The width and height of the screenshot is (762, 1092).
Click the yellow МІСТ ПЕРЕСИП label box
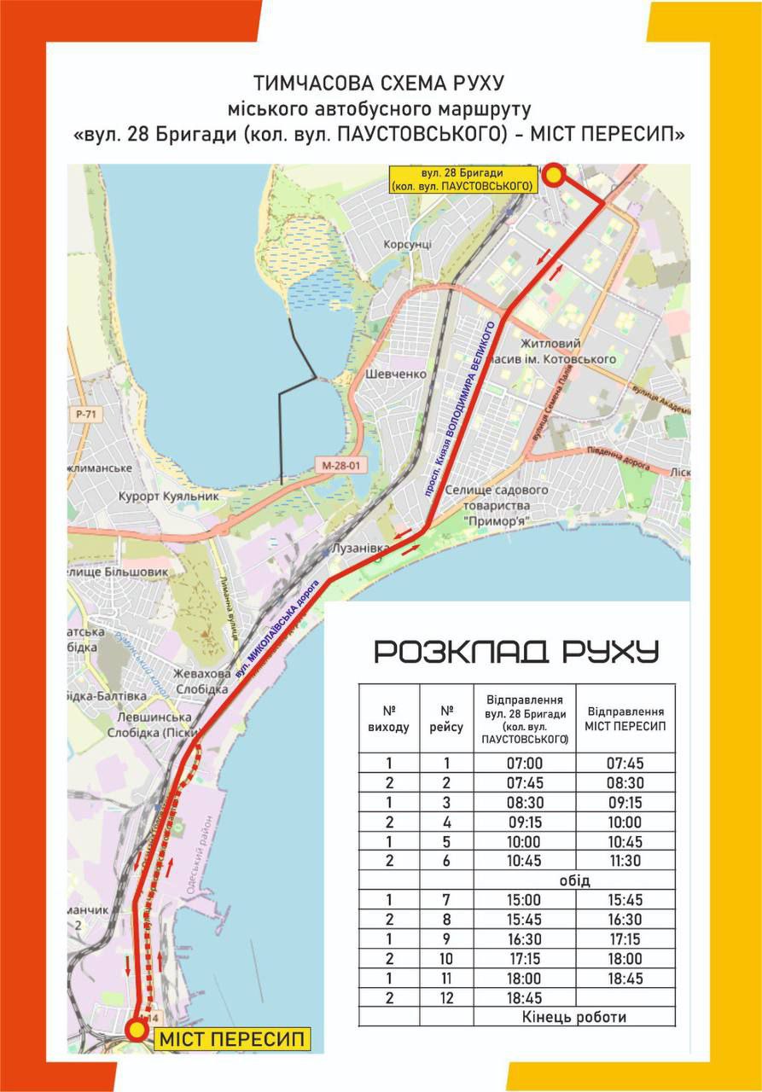click(x=231, y=1039)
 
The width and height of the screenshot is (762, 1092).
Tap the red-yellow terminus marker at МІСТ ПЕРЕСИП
click(x=136, y=1030)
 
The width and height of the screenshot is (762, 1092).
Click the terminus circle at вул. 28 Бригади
click(x=554, y=175)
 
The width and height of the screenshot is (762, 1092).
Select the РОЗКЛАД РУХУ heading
click(x=517, y=652)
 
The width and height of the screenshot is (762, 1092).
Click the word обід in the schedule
click(x=575, y=880)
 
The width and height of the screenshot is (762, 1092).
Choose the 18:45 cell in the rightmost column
click(x=625, y=979)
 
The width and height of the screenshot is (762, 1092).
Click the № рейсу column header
click(x=446, y=718)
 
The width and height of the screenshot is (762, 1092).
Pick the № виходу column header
click(x=389, y=718)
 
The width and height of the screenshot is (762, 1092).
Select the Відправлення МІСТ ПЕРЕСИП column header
click(x=625, y=718)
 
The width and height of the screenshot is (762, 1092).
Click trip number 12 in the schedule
click(x=446, y=997)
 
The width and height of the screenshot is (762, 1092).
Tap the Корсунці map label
click(x=408, y=244)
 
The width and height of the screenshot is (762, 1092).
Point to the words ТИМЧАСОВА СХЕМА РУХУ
click(x=380, y=84)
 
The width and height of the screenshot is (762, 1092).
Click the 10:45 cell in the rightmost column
click(x=625, y=841)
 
